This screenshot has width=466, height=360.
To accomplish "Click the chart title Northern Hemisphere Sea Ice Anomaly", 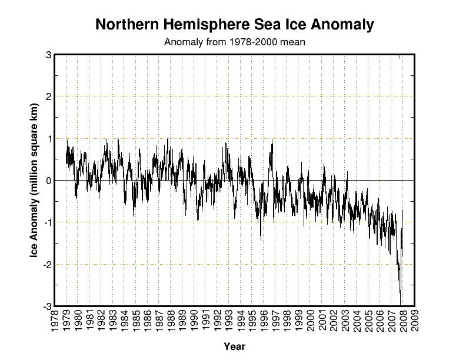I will coord(234,25).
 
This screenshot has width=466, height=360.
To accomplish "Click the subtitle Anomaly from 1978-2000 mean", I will coord(234,42).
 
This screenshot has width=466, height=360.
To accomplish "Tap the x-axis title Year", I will coord(234,346).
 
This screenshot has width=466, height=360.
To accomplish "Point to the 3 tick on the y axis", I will coord(48,55).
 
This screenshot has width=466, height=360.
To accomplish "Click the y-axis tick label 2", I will coord(48,96).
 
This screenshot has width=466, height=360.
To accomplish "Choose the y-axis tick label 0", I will coord(48,181).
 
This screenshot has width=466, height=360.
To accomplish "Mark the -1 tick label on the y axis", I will coord(46,222).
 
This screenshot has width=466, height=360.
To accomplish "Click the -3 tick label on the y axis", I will coord(46,306).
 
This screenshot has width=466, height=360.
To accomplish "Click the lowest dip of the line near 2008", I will coord(401,304).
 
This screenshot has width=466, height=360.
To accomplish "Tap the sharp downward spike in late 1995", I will coord(261,239).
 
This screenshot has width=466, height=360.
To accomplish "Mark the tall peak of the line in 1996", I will coord(272,141).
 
